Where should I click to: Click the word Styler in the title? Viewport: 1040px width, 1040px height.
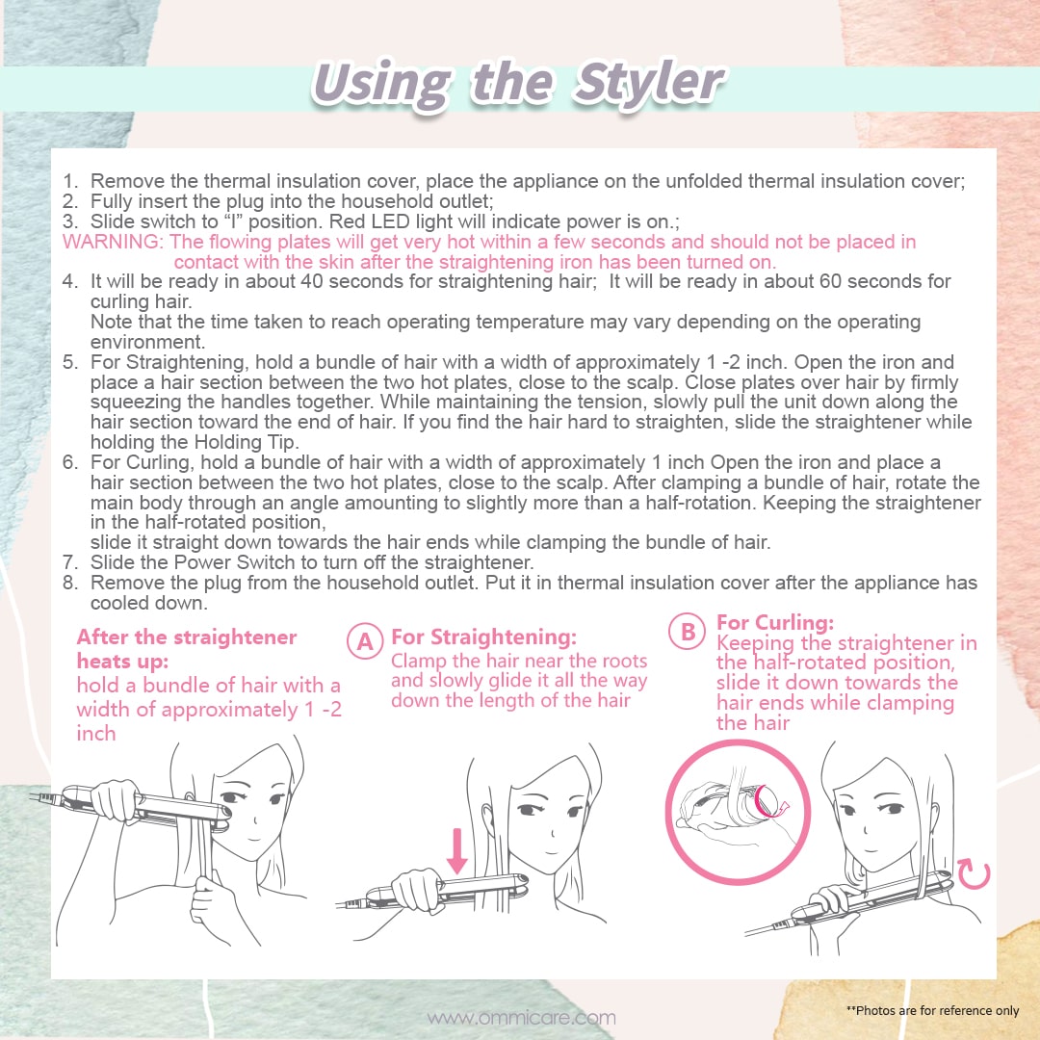[649, 83]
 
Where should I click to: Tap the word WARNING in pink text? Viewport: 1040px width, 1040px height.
[112, 242]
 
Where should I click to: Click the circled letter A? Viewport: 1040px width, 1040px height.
[365, 640]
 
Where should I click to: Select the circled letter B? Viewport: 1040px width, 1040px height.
[688, 631]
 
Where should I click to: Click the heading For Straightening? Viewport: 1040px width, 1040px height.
[483, 637]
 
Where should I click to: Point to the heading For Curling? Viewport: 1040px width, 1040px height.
[774, 622]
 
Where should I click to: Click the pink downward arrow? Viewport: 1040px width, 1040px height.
[457, 849]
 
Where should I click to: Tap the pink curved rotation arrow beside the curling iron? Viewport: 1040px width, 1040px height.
[975, 874]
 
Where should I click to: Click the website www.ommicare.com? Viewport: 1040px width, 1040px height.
[521, 1018]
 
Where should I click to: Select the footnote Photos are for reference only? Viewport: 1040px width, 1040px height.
[932, 1010]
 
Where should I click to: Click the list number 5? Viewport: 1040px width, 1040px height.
[69, 362]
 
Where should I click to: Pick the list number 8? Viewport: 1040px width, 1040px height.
[69, 583]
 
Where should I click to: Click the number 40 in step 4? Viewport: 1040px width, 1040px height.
[312, 281]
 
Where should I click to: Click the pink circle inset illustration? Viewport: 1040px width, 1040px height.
[738, 812]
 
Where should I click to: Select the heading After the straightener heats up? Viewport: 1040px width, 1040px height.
[187, 649]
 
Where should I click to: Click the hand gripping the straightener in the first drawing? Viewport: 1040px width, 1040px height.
[117, 800]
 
